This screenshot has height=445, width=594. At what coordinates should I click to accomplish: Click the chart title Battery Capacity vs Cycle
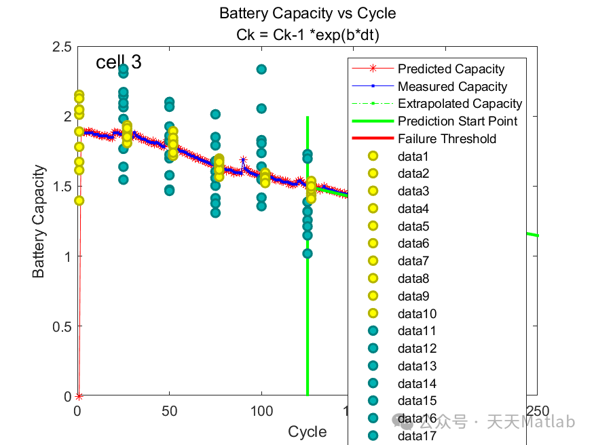308,13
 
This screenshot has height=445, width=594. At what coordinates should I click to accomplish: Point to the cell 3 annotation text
119,62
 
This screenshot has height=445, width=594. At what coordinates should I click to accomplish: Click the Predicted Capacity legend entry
451,69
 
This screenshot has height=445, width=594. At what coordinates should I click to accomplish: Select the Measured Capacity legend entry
452,86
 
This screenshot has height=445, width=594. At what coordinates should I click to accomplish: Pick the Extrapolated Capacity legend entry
460,104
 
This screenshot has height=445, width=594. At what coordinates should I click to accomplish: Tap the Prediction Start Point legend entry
458,121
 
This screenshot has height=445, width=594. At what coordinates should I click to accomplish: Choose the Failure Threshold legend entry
447,139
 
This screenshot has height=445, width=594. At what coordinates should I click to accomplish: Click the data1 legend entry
413,157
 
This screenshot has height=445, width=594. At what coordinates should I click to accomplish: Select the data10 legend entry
416,313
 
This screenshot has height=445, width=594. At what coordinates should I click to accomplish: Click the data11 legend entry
416,331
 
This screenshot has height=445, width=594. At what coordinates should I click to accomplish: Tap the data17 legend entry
416,436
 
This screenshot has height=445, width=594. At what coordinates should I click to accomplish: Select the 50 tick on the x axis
170,411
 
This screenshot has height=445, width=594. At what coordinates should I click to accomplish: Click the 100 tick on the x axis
262,411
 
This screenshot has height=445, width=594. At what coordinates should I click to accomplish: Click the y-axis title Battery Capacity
39,221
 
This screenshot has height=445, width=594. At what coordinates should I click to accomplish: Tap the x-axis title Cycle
307,432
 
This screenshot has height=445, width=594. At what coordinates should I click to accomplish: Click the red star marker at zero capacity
79,396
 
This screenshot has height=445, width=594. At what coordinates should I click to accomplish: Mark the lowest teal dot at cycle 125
308,253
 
